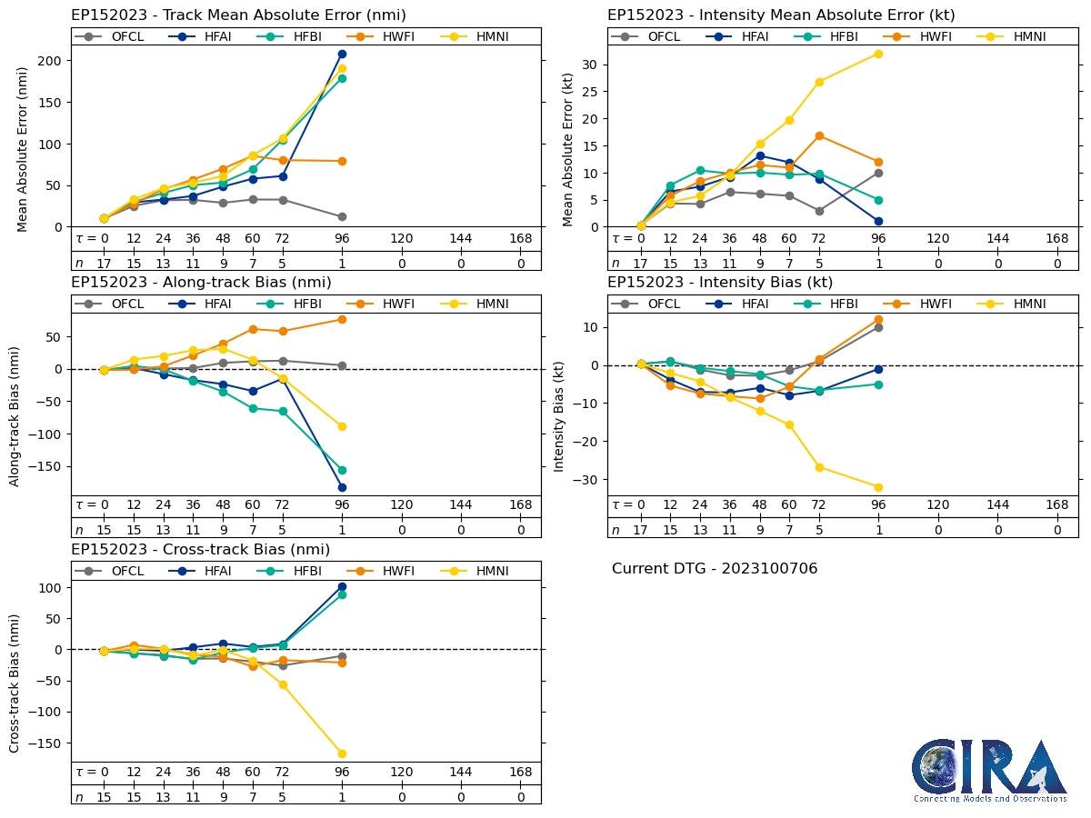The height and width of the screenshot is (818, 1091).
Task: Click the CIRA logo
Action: click(x=989, y=770)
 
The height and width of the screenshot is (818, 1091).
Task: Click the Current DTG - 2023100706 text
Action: click(x=715, y=569)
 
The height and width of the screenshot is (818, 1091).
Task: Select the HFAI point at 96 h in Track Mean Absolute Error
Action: click(x=342, y=54)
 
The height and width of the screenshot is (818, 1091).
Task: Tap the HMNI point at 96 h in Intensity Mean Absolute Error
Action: click(x=878, y=54)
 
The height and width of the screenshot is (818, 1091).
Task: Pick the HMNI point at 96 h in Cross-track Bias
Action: click(x=342, y=753)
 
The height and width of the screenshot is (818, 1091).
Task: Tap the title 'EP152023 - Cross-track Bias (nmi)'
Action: click(x=200, y=550)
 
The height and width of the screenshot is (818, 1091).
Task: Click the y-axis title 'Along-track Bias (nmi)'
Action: click(x=15, y=415)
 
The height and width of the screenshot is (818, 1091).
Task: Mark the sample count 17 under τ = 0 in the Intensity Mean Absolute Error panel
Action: click(x=640, y=264)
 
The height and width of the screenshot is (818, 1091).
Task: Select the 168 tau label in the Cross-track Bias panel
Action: click(x=520, y=772)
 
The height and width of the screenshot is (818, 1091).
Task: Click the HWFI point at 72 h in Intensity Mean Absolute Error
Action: click(x=819, y=135)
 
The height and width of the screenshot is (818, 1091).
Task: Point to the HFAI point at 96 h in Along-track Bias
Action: click(x=342, y=487)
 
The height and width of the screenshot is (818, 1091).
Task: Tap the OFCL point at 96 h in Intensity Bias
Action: click(x=878, y=327)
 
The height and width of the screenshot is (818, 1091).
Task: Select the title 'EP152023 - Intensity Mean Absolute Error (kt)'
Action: click(x=781, y=15)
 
